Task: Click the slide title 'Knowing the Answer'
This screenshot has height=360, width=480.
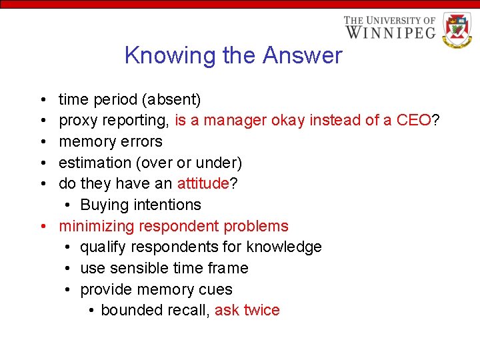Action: click(233, 55)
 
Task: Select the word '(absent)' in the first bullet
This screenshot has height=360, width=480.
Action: click(171, 100)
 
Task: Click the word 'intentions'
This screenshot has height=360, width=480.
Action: click(167, 205)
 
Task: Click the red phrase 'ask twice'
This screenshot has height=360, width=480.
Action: click(247, 311)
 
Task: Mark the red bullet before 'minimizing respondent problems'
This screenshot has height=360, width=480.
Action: click(43, 226)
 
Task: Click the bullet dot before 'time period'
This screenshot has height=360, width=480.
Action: click(43, 100)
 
